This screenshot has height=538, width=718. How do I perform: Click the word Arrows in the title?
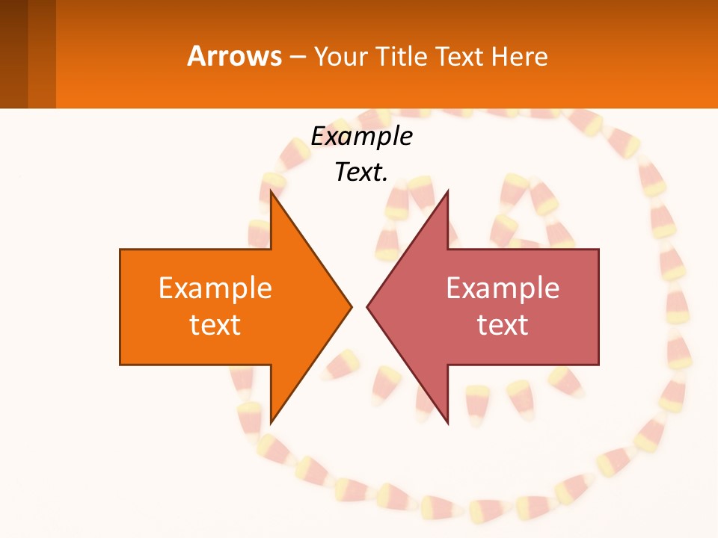[x=234, y=57]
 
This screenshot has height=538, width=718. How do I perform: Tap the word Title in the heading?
[x=402, y=57]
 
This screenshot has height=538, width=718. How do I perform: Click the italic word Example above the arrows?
[x=361, y=136]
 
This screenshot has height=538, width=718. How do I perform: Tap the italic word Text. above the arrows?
[x=361, y=172]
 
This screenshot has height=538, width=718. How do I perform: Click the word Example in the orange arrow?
[x=215, y=288]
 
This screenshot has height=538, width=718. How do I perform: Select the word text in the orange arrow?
[x=215, y=325]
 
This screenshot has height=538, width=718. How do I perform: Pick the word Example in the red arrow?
[x=503, y=288]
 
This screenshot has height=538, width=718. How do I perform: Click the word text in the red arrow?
[x=503, y=325]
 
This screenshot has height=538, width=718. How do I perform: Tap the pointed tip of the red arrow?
[x=368, y=306]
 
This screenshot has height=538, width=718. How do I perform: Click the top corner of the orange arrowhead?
[x=271, y=192]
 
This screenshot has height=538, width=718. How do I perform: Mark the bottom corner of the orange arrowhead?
[x=271, y=422]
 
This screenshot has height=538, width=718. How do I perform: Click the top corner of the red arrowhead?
[x=447, y=192]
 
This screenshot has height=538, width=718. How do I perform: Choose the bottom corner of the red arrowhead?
[x=447, y=422]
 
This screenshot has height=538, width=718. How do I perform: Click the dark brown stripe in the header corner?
[x=13, y=54]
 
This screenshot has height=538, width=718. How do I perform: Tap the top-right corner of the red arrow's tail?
[x=598, y=250]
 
